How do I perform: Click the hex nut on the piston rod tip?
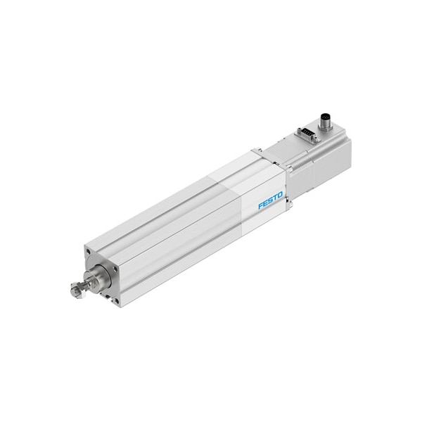pos(76,289)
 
